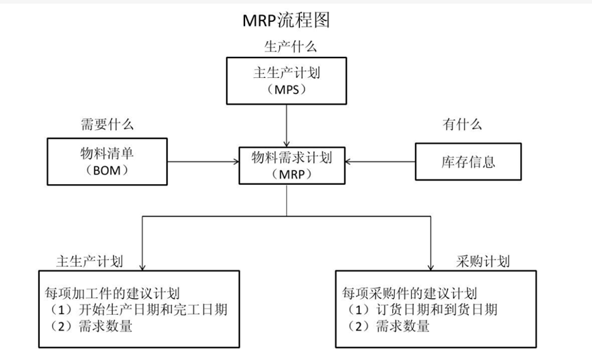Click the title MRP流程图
pos(287,21)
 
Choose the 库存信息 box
pos(468,162)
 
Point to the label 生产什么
pos(290,47)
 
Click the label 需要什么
pos(107,125)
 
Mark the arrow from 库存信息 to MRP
pos(381,162)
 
